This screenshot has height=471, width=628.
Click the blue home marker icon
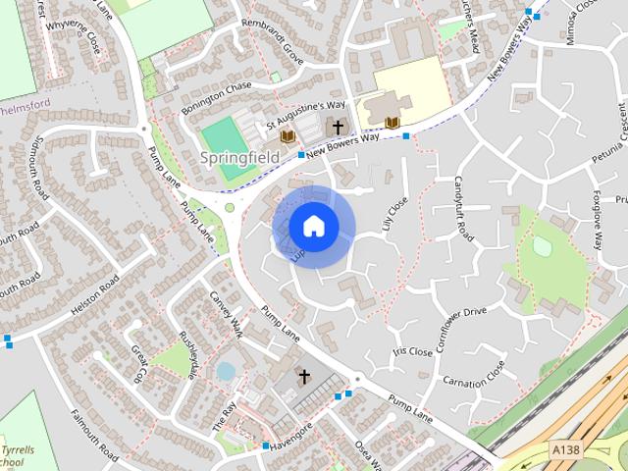pyautogui.click(x=313, y=227)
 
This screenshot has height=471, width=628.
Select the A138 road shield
pyautogui.click(x=564, y=449)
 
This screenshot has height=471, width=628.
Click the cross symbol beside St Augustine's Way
pyautogui.click(x=338, y=128)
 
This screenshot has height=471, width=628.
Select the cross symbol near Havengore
pyautogui.click(x=304, y=376)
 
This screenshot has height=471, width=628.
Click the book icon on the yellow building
pyautogui.click(x=392, y=123)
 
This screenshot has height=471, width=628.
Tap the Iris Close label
pyautogui.click(x=412, y=351)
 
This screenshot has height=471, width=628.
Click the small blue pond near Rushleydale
pyautogui.click(x=226, y=371)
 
